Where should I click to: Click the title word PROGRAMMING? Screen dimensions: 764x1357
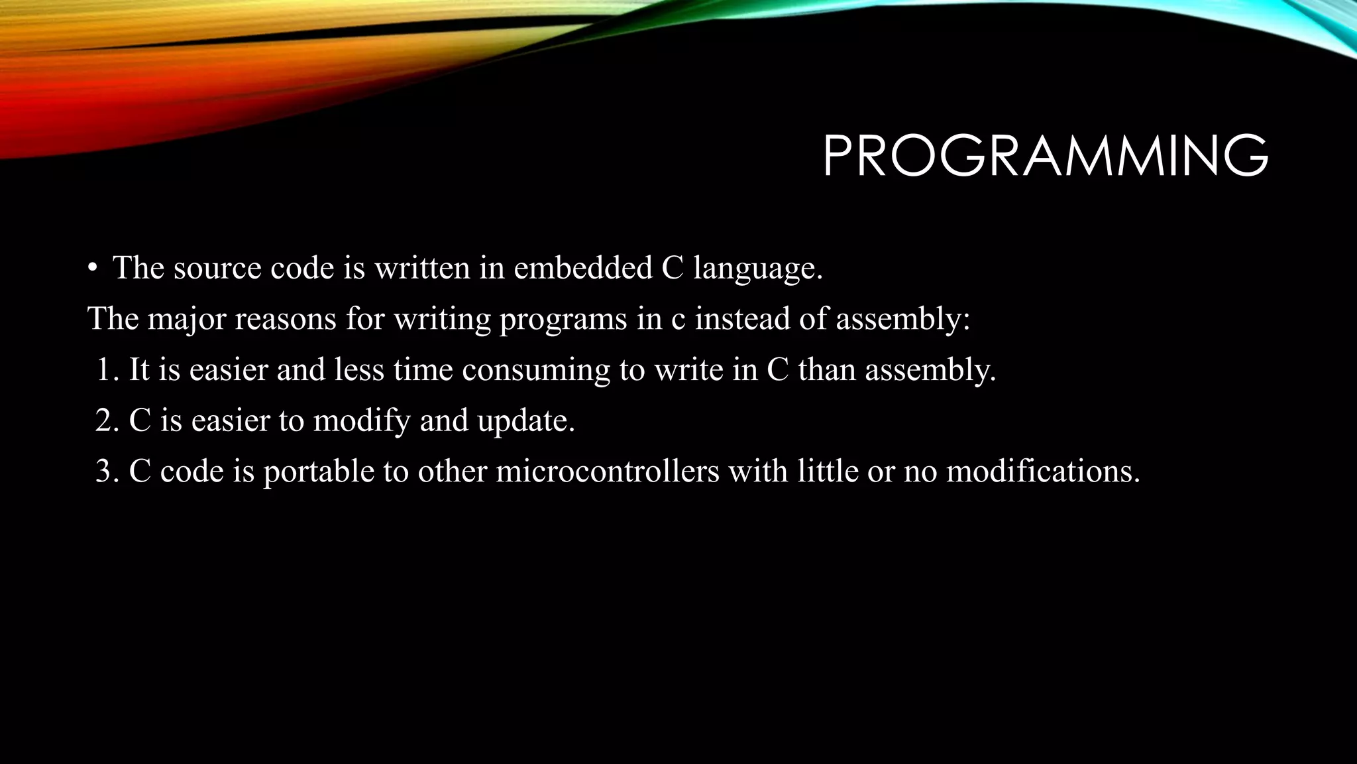[1045, 157]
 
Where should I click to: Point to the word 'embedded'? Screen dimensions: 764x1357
[583, 269]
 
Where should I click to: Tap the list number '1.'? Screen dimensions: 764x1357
[107, 370]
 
